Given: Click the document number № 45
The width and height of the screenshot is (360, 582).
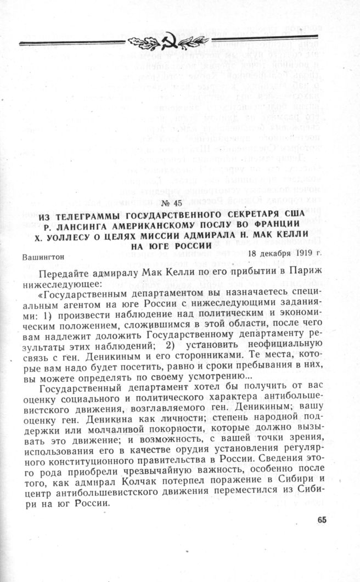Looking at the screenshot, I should tap(178, 204).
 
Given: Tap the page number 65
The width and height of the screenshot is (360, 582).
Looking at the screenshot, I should tap(322, 520).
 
